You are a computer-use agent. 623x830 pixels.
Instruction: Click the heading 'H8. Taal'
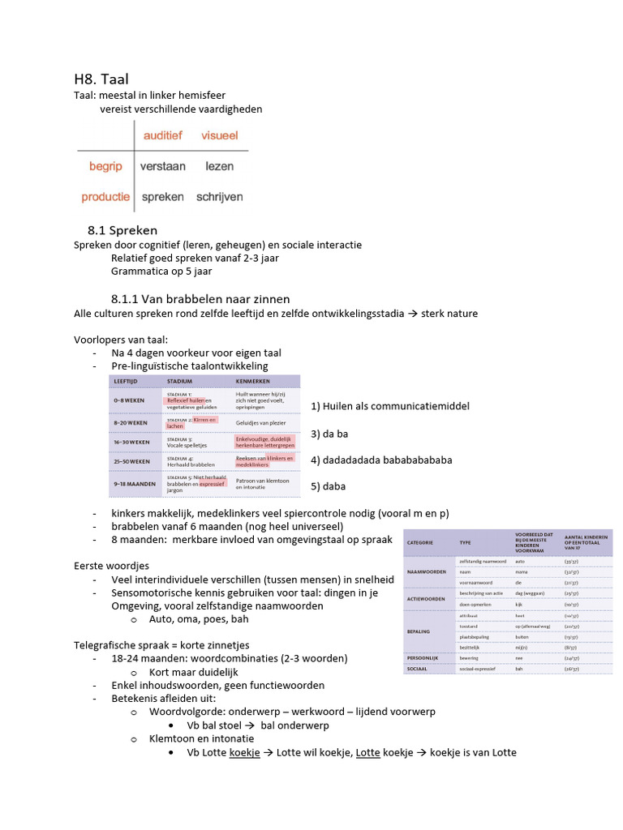pos(101,79)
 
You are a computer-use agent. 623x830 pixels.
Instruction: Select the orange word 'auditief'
pos(163,135)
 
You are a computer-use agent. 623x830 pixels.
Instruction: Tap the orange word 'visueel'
pos(220,135)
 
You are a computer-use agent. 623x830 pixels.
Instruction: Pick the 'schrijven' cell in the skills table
pos(219,197)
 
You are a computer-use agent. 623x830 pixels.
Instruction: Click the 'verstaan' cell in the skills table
pos(162,166)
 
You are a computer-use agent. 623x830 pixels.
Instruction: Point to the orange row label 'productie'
pos(105,197)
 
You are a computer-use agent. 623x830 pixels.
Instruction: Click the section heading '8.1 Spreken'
pos(122,231)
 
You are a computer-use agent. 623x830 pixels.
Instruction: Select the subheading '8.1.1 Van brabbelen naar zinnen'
pos(200,299)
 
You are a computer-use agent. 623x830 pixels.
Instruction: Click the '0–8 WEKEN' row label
pos(131,400)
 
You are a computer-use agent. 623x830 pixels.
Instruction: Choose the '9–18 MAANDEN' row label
pos(133,485)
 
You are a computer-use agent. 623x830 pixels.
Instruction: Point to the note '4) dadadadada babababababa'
pos(381,460)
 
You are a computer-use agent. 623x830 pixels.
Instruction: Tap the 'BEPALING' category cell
pos(419,630)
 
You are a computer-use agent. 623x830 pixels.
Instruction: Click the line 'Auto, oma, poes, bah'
pos(199,618)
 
